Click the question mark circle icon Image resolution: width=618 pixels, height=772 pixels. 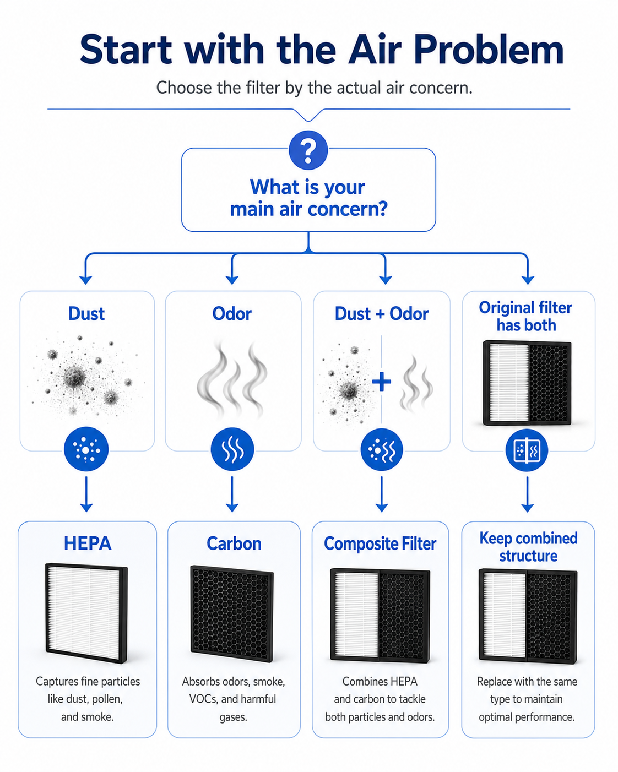tap(308, 150)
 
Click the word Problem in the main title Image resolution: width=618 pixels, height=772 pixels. tap(489, 50)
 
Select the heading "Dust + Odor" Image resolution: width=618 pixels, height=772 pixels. tap(382, 314)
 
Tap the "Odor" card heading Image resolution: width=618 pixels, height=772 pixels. tap(232, 314)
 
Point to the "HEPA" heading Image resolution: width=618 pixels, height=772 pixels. tap(88, 543)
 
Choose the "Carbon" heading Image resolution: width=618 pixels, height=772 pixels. tap(234, 543)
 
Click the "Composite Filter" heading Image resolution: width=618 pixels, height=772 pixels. tap(380, 544)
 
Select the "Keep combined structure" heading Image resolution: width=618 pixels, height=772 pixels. tap(528, 547)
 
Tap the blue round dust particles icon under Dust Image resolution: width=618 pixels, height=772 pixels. tap(86, 449)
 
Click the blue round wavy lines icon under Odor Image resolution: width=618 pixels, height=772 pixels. tap(232, 449)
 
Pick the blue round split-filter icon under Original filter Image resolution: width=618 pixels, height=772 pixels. tap(527, 450)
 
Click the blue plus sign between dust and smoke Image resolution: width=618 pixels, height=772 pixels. tap(382, 382)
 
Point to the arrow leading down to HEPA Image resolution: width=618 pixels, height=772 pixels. tap(86, 494)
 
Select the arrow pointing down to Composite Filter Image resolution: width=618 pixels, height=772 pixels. tap(382, 494)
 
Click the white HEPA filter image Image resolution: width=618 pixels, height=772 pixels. tap(86, 613)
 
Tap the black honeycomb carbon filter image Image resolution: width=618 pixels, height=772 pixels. tap(232, 613)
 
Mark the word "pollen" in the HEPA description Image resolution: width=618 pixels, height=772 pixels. tap(107, 699)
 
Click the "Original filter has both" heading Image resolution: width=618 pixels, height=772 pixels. tap(526, 317)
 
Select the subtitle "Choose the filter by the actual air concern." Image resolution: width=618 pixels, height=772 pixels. tap(314, 88)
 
